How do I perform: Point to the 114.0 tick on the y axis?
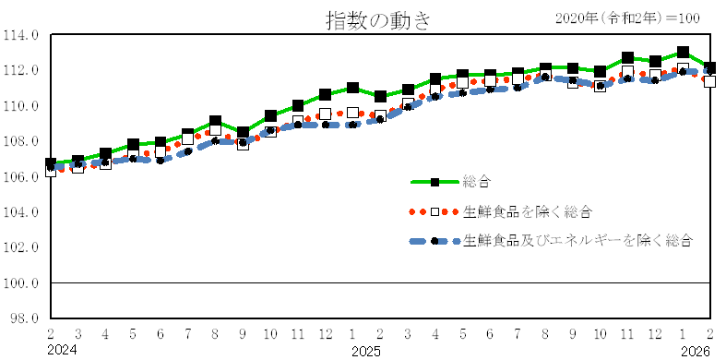click(22, 35)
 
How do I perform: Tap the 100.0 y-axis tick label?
click(22, 283)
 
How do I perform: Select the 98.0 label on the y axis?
click(24, 318)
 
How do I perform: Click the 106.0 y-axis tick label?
click(22, 177)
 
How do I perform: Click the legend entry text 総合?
click(477, 182)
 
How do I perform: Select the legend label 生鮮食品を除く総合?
click(527, 211)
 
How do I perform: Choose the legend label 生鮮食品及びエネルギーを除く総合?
click(577, 241)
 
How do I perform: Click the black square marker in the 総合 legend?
click(434, 182)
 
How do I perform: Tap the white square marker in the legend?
click(434, 211)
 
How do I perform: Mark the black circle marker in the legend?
click(434, 241)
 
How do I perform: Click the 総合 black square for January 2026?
click(683, 53)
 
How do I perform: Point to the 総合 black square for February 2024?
click(51, 163)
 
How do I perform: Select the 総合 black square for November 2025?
click(627, 58)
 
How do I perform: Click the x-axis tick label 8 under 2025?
click(545, 333)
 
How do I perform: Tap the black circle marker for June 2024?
click(161, 160)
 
